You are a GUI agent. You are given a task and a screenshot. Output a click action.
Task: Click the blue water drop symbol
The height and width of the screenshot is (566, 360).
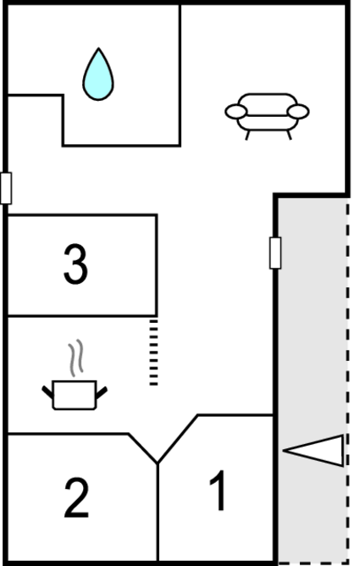point(98,75)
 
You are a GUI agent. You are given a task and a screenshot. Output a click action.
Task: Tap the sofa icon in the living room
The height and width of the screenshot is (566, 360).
point(267,115)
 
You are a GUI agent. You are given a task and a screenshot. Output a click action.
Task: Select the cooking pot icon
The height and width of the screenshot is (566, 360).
point(75,395)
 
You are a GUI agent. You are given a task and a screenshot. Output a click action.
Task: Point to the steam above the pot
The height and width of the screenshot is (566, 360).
point(75,358)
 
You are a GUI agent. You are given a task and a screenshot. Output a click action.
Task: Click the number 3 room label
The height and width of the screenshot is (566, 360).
point(75,264)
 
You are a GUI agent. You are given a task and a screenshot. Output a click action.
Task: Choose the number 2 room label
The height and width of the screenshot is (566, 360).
point(76,497)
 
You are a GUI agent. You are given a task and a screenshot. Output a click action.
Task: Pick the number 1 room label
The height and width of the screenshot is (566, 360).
point(219,491)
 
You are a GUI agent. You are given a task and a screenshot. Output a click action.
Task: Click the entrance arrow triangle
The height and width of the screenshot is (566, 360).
point(313,451)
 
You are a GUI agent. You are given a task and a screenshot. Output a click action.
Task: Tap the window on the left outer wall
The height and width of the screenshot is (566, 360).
point(6,188)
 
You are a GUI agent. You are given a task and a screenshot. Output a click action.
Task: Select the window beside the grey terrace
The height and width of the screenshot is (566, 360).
point(275,252)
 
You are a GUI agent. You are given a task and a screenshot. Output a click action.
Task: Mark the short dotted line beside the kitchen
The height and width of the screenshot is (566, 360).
point(153,352)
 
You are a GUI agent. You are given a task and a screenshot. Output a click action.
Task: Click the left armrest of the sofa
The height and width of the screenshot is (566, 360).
point(236,112)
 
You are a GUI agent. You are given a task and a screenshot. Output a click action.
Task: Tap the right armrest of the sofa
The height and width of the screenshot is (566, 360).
point(298,112)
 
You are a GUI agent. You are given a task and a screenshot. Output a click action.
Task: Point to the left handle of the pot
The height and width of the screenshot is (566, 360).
point(47,392)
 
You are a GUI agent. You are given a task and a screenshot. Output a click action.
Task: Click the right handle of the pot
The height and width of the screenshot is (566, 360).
point(102,392)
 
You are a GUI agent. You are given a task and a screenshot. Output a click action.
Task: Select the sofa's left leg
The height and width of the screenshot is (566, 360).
point(247,135)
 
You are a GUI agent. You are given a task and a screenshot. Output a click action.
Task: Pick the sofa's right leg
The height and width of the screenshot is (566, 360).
point(289,135)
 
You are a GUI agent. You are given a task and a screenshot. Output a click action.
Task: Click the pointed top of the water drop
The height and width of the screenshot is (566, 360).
point(98,48)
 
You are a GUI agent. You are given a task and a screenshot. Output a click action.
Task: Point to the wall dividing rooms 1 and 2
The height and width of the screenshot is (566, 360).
point(158,513)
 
